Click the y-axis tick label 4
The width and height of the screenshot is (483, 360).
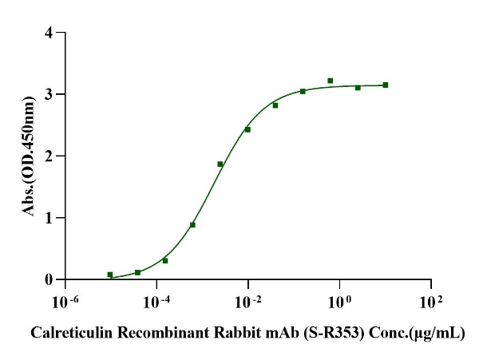coord(49,34)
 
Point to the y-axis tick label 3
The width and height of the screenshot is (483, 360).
coord(49,95)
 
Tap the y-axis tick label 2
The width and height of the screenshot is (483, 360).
coord(49,156)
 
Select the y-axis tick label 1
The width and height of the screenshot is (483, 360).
coord(49,218)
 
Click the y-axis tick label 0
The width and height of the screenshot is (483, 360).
coord(49,279)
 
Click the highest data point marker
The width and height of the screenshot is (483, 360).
coord(331,81)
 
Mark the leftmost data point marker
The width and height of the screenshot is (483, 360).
coord(110,275)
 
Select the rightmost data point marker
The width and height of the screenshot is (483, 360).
coord(386,85)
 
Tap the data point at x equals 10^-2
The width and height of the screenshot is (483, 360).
coord(247,129)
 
